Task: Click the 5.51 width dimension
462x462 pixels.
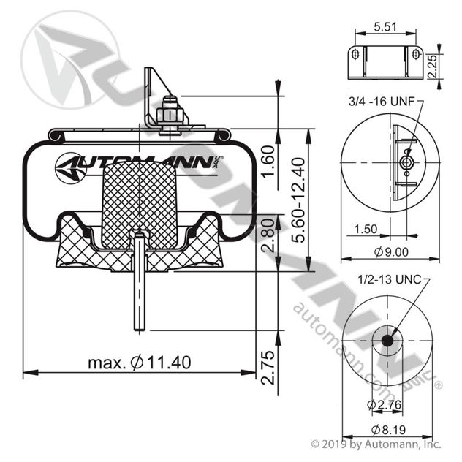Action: (x=385, y=26)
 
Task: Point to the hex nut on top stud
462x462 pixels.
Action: (x=170, y=117)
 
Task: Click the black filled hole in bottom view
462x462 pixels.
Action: (x=385, y=341)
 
